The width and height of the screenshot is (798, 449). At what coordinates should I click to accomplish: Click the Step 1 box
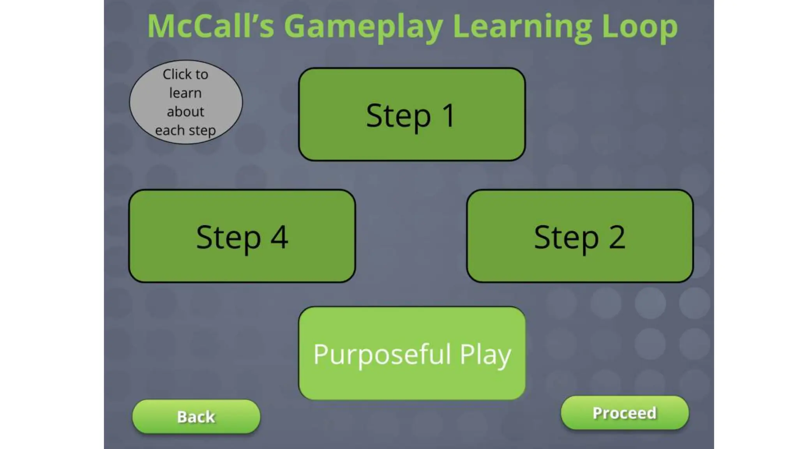[x=412, y=114]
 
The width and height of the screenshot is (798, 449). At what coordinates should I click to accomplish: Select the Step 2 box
[x=580, y=236]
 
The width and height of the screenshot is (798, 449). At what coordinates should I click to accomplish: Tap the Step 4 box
[x=242, y=236]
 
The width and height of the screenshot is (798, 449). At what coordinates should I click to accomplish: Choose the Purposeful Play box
[x=412, y=353]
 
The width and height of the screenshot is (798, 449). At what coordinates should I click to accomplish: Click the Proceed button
[x=625, y=413]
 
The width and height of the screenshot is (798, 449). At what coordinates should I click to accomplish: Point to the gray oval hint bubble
[x=185, y=102]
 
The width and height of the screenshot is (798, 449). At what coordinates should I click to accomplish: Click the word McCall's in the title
[x=210, y=27]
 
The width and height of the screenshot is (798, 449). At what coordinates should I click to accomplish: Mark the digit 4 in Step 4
[x=279, y=237]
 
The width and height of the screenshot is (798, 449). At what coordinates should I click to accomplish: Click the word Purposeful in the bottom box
[x=382, y=354]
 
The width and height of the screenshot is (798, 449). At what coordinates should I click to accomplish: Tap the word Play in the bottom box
[x=485, y=355]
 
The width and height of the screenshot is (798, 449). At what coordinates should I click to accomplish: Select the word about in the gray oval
[x=185, y=112]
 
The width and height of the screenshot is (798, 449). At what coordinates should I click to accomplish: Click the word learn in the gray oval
[x=185, y=93]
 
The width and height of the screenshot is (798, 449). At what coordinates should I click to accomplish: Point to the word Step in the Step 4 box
[x=228, y=237]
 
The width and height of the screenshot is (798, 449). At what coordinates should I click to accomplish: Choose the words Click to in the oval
[x=185, y=74]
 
